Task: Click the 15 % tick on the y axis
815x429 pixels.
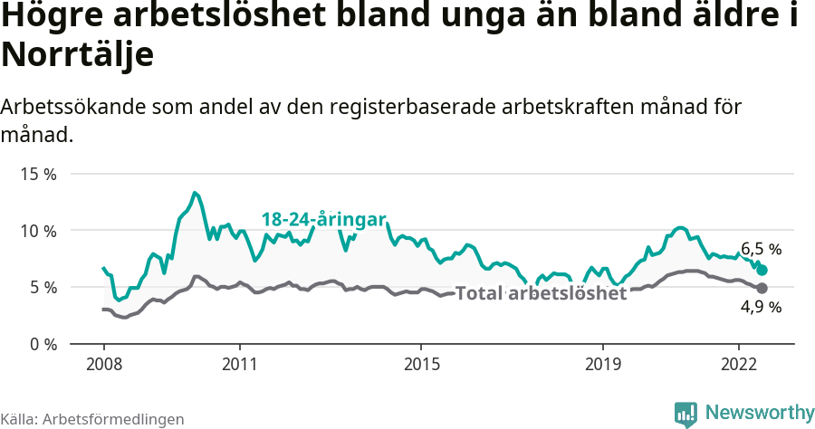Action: (x=37, y=174)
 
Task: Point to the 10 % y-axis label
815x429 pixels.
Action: (x=37, y=231)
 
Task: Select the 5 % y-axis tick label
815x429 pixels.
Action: (x=42, y=288)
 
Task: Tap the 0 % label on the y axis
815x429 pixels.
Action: (x=42, y=345)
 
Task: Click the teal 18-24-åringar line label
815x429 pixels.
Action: (x=324, y=219)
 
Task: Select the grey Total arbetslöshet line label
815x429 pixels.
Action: (x=541, y=294)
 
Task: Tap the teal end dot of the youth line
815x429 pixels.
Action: (x=762, y=270)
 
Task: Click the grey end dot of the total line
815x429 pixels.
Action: (x=762, y=288)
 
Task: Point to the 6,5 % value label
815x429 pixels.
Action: (x=761, y=249)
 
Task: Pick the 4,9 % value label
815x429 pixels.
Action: (x=761, y=308)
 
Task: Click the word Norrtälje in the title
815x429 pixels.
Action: (x=78, y=54)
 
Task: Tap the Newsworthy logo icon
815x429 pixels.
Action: (x=686, y=413)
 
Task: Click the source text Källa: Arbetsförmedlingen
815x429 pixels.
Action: (x=92, y=419)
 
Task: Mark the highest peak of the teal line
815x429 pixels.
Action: (x=195, y=193)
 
